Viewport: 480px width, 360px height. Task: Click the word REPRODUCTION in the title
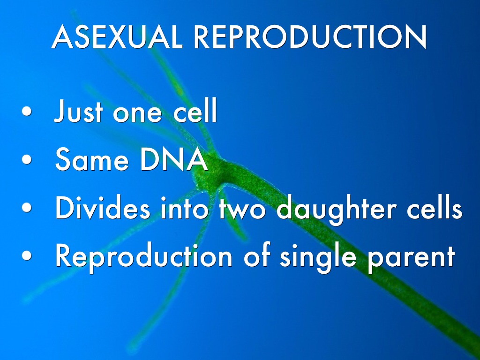pyautogui.click(x=310, y=37)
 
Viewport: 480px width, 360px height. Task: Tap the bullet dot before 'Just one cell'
pyautogui.click(x=27, y=111)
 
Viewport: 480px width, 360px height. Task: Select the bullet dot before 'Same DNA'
pyautogui.click(x=27, y=159)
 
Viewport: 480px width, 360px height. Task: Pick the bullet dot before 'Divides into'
pyautogui.click(x=27, y=207)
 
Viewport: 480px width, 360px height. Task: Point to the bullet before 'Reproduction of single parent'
pyautogui.click(x=27, y=255)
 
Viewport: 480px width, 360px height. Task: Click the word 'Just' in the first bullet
pyautogui.click(x=78, y=111)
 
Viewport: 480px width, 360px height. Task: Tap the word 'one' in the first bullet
pyautogui.click(x=137, y=113)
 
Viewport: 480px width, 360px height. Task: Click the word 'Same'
pyautogui.click(x=92, y=159)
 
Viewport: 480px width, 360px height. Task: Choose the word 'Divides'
pyautogui.click(x=103, y=207)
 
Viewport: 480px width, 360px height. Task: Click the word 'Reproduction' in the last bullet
pyautogui.click(x=144, y=256)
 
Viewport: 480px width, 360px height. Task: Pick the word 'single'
pyautogui.click(x=318, y=258)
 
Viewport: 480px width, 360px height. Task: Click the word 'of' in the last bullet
pyautogui.click(x=257, y=255)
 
